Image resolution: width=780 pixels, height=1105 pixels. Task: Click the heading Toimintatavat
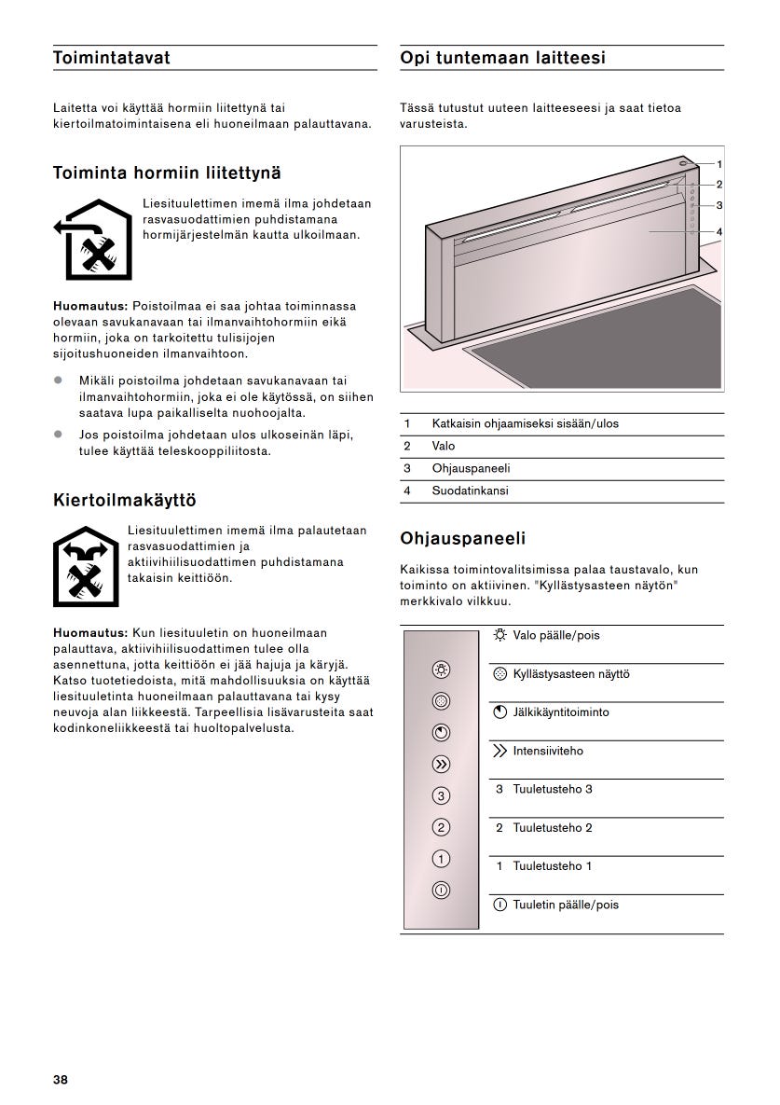[112, 58]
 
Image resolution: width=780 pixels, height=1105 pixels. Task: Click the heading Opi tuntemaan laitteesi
[502, 58]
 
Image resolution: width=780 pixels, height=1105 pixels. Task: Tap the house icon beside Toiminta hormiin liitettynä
[92, 240]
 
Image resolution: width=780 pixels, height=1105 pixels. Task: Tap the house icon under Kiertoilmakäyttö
[86, 566]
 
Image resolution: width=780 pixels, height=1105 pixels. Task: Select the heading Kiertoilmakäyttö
[124, 501]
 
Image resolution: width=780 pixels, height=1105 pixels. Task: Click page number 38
[61, 1080]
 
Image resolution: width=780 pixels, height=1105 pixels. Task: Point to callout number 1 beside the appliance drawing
[718, 163]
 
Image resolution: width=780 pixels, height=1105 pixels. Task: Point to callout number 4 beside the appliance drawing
[718, 231]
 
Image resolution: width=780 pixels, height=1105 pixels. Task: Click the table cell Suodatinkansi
[470, 490]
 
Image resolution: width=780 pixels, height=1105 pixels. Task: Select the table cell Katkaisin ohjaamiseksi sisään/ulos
[525, 423]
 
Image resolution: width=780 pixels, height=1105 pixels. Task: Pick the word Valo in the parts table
[443, 446]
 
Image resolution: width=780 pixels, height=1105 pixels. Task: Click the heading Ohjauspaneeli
[462, 538]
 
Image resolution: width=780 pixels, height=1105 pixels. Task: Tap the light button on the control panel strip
[442, 669]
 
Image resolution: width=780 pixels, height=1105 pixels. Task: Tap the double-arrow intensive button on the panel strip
[442, 765]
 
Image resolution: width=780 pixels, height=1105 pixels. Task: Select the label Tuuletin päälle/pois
[565, 905]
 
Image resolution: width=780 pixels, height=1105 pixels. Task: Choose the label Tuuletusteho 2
[552, 828]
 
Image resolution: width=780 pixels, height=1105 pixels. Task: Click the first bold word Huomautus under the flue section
[90, 306]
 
